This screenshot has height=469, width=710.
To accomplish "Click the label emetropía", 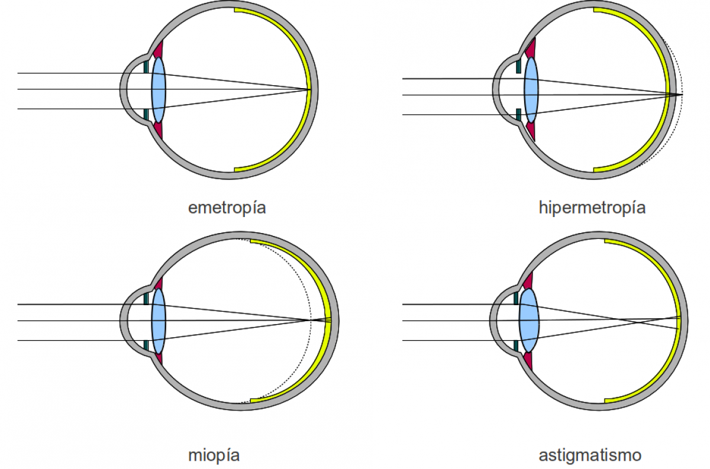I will pos(227,208).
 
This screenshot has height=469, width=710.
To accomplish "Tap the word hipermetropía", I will pos(592,208).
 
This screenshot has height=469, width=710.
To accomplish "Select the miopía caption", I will pos(214,455).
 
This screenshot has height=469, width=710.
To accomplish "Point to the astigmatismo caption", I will pos(590,455).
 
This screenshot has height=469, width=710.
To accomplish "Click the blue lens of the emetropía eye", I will pos(159,90).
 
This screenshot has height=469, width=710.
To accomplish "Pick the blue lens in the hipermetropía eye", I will pos(531,95).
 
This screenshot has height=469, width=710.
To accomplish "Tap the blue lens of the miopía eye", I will pos(159,321).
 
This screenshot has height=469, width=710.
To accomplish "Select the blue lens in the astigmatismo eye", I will pos(529,320).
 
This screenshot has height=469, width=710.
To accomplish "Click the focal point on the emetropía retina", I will pos(310,90).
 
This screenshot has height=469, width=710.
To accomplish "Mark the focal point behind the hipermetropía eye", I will pos(682,95).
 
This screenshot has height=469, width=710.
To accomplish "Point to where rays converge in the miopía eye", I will pos(310,321).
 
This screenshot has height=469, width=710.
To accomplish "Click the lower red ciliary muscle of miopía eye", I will pos(158,358).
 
